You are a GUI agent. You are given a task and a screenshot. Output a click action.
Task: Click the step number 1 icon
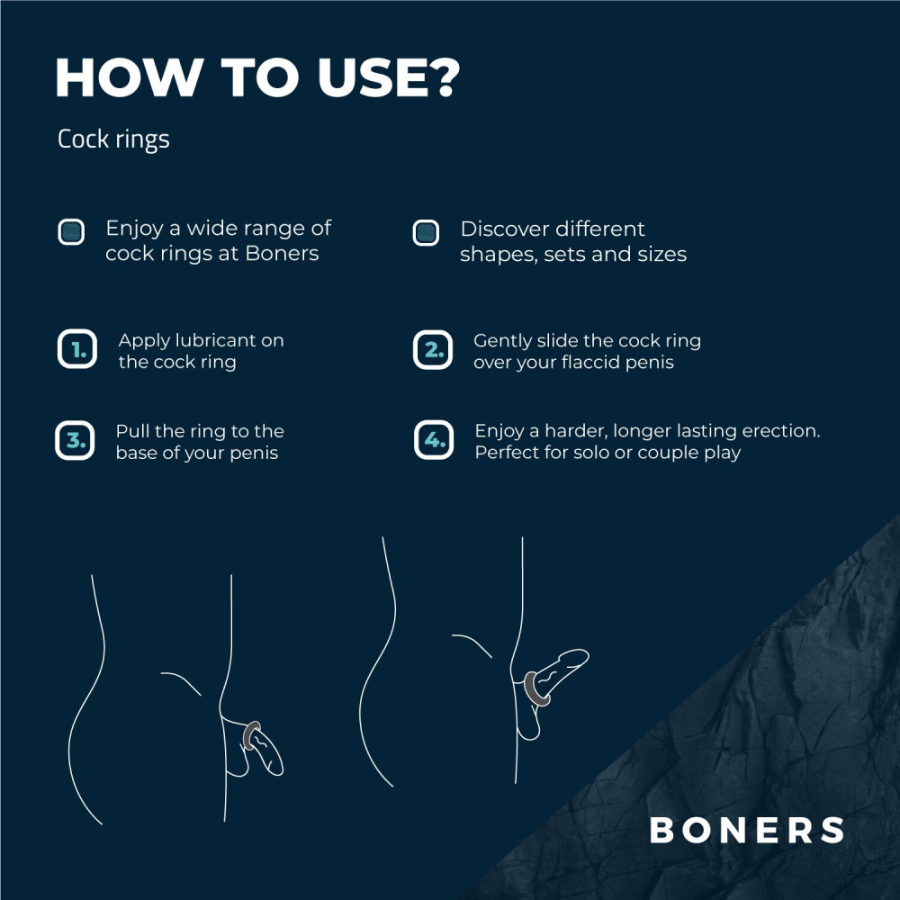tap(76, 350)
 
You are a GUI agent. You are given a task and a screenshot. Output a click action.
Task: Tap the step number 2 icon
tap(433, 350)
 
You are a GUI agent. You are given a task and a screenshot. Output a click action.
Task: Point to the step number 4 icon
tap(433, 441)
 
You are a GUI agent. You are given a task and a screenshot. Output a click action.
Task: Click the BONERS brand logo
tap(747, 830)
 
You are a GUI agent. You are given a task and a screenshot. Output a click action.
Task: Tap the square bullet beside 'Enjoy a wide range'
tap(71, 232)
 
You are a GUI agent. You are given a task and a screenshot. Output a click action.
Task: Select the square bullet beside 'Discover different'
tap(426, 232)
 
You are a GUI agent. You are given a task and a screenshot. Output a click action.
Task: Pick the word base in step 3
tap(137, 453)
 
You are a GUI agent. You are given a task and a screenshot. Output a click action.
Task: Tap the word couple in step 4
tap(669, 453)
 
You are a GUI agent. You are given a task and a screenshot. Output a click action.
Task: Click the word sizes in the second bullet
tap(661, 255)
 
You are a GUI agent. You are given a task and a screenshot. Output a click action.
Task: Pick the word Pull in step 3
tap(132, 431)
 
